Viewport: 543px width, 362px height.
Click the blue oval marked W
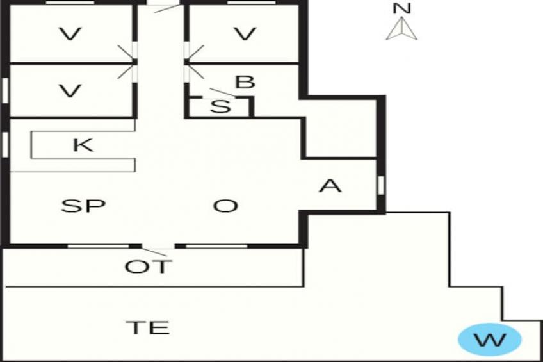click(490, 340)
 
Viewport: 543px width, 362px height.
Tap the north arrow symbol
click(401, 28)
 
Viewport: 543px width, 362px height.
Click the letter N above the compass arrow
click(401, 9)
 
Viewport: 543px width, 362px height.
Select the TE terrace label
click(148, 327)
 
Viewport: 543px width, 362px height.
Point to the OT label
click(148, 267)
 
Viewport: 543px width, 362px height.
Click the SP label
click(83, 206)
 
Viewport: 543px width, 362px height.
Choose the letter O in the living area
click(225, 206)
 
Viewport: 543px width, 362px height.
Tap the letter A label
click(330, 186)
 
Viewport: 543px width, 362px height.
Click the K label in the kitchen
click(83, 145)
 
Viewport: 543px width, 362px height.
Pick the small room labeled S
click(220, 108)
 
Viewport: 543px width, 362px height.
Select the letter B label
click(245, 83)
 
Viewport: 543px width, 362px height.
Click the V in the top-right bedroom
click(245, 34)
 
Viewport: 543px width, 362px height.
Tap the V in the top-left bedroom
click(70, 34)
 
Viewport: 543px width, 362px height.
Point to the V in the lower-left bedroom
click(70, 91)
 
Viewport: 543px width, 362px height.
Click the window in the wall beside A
click(381, 185)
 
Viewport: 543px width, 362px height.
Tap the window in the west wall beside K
click(5, 144)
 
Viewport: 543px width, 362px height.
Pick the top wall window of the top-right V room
click(252, 3)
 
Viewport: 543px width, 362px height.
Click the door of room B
click(195, 72)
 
